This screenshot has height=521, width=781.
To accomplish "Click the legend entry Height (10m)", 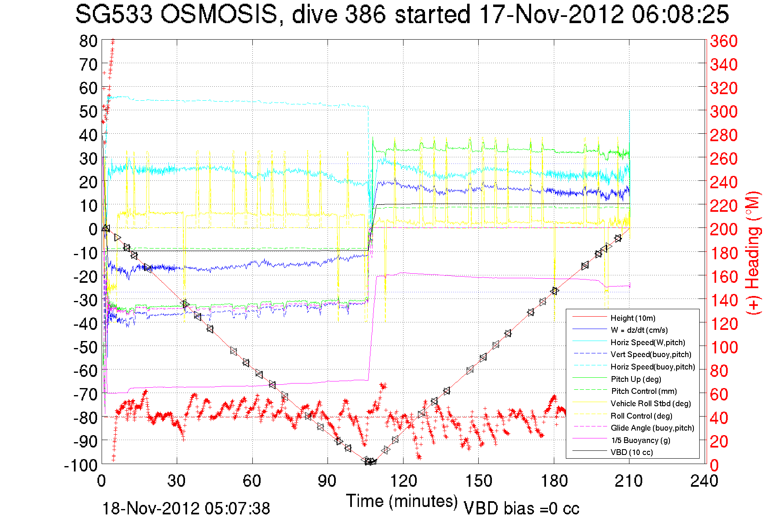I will point(633,318).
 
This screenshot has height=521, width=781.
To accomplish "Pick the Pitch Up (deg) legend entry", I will point(636,379).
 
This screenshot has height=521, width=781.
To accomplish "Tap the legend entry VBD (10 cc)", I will point(631,452).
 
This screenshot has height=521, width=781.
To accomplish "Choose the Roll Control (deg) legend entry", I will point(641,416).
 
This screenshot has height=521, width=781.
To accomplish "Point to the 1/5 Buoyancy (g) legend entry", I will point(640,440).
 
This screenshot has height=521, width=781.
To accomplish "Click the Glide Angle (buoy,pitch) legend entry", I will point(652,428).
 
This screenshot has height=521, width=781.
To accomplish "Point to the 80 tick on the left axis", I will point(88,41).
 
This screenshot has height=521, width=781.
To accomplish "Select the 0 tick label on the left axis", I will point(93,229).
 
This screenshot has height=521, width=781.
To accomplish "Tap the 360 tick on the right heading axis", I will point(724,41).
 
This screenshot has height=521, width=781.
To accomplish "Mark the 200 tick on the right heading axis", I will point(724,229).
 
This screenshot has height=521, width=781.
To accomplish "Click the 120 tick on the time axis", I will point(403,481).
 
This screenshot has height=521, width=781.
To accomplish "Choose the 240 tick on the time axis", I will point(704,481).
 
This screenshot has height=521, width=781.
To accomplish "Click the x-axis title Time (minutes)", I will point(402,501).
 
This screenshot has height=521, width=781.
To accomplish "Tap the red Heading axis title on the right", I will point(753,253).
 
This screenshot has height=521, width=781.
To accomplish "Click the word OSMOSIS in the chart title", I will point(218,14).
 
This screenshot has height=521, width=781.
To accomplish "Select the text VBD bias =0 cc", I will point(521,509).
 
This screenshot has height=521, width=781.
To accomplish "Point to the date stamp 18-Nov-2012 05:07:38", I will point(186,509).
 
